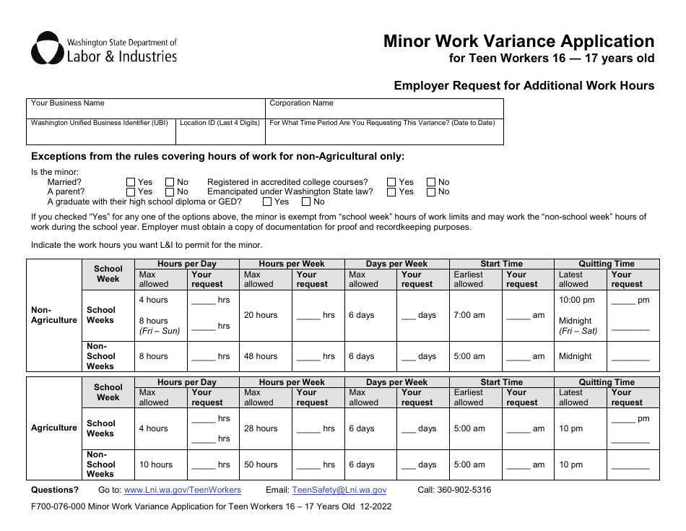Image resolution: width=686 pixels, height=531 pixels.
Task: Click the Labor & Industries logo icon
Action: click(47, 48)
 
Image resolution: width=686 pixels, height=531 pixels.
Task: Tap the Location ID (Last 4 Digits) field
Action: click(220, 131)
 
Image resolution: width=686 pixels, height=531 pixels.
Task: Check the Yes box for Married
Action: click(131, 183)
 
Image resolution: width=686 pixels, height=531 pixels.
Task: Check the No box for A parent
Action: click(170, 192)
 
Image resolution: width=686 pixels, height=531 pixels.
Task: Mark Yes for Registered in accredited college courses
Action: click(391, 183)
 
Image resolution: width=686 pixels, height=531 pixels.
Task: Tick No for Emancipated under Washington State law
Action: click(431, 192)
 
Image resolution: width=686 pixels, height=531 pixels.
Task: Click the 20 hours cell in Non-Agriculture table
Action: click(261, 315)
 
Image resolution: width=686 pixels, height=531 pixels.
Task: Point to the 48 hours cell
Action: click(261, 356)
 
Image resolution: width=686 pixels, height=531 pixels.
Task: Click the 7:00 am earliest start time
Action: click(469, 315)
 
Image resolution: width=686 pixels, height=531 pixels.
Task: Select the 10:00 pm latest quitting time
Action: click(577, 300)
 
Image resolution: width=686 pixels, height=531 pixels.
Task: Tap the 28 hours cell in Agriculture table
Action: click(261, 428)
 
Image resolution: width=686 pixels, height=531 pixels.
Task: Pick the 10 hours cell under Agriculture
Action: click(156, 465)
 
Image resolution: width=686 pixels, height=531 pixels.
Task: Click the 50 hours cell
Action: click(261, 465)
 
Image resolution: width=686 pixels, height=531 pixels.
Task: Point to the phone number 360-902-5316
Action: click(466, 490)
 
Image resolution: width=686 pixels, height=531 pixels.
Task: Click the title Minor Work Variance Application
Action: click(518, 41)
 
